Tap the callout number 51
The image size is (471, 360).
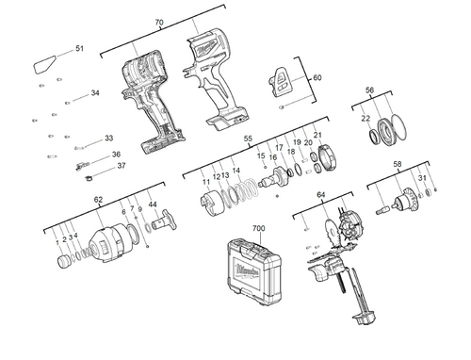point(79,48)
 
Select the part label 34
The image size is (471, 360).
point(95,93)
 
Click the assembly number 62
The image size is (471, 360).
point(98,200)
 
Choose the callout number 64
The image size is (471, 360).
point(321,195)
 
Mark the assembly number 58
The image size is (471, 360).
point(398,164)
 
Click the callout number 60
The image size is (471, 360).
point(317,78)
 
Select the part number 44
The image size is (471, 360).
point(153,205)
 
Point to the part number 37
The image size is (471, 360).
point(122,166)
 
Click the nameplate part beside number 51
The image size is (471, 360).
point(44,67)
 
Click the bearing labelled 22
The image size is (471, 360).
point(385,133)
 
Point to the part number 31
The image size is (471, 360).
point(423,178)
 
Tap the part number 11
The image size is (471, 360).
point(206,180)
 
